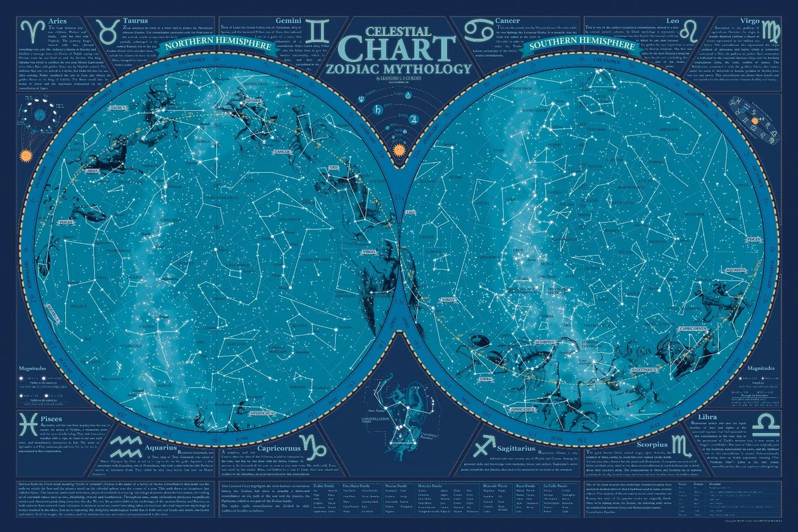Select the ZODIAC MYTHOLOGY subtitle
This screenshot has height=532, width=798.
pyautogui.click(x=399, y=68)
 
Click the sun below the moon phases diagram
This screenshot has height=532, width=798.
pyautogui.click(x=27, y=154)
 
